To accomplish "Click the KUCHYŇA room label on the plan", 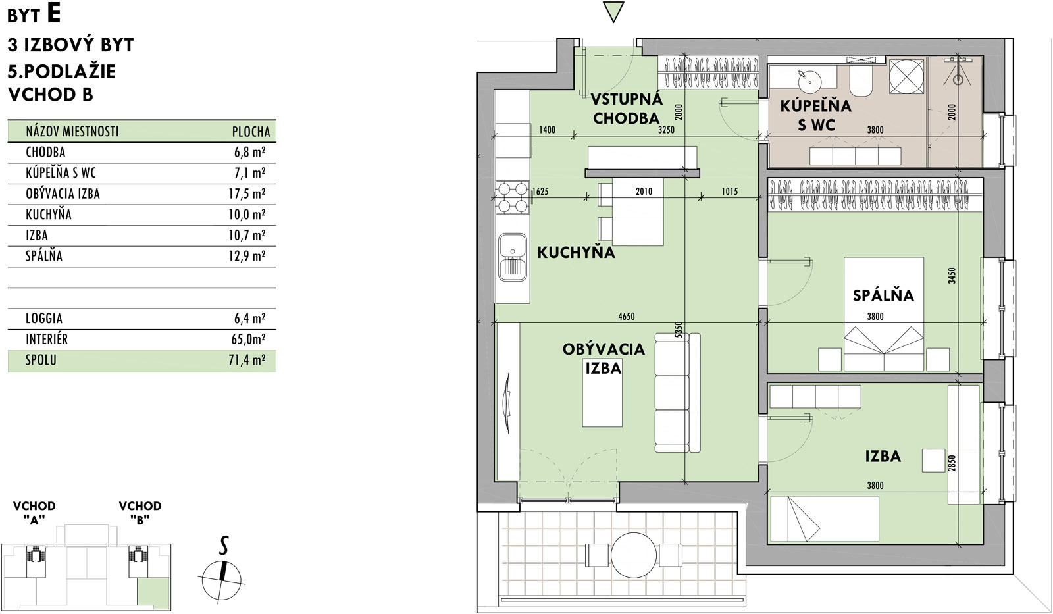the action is click(576, 253).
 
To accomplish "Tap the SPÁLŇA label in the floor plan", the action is click(883, 295).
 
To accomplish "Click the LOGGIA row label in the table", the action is click(44, 319).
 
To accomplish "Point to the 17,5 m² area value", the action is click(247, 193).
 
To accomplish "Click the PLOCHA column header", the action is click(251, 132).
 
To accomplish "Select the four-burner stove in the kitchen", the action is click(513, 197).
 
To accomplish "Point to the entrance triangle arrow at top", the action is click(613, 12).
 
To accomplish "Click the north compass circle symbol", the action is click(221, 580).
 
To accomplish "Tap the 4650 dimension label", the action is click(626, 317).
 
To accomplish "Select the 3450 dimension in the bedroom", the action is click(952, 276).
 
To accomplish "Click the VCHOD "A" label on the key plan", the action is click(34, 513).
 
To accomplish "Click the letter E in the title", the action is click(54, 14).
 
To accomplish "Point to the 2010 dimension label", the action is click(644, 192).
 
